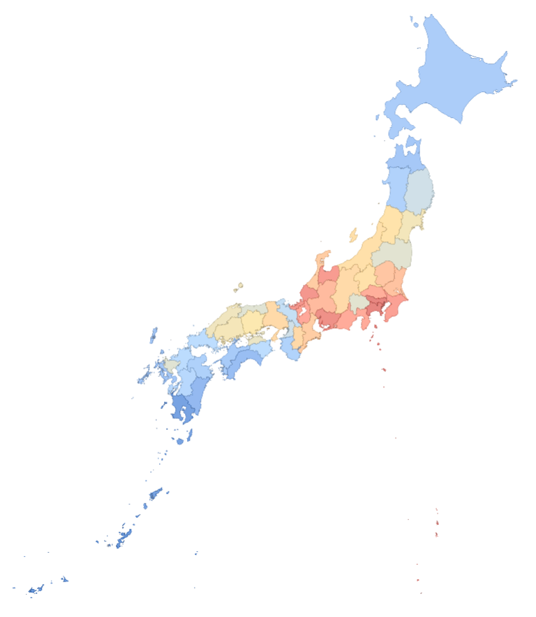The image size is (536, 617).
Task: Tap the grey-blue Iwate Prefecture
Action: point(419,191)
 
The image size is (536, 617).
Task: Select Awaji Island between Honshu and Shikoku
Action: point(275,334)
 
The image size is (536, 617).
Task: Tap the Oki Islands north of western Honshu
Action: point(239,285)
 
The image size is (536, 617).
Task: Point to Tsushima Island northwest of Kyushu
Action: point(153,335)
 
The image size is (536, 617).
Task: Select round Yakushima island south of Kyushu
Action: point(179,441)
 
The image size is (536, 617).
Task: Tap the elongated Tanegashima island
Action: point(189,434)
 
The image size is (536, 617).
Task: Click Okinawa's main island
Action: point(124,537)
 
